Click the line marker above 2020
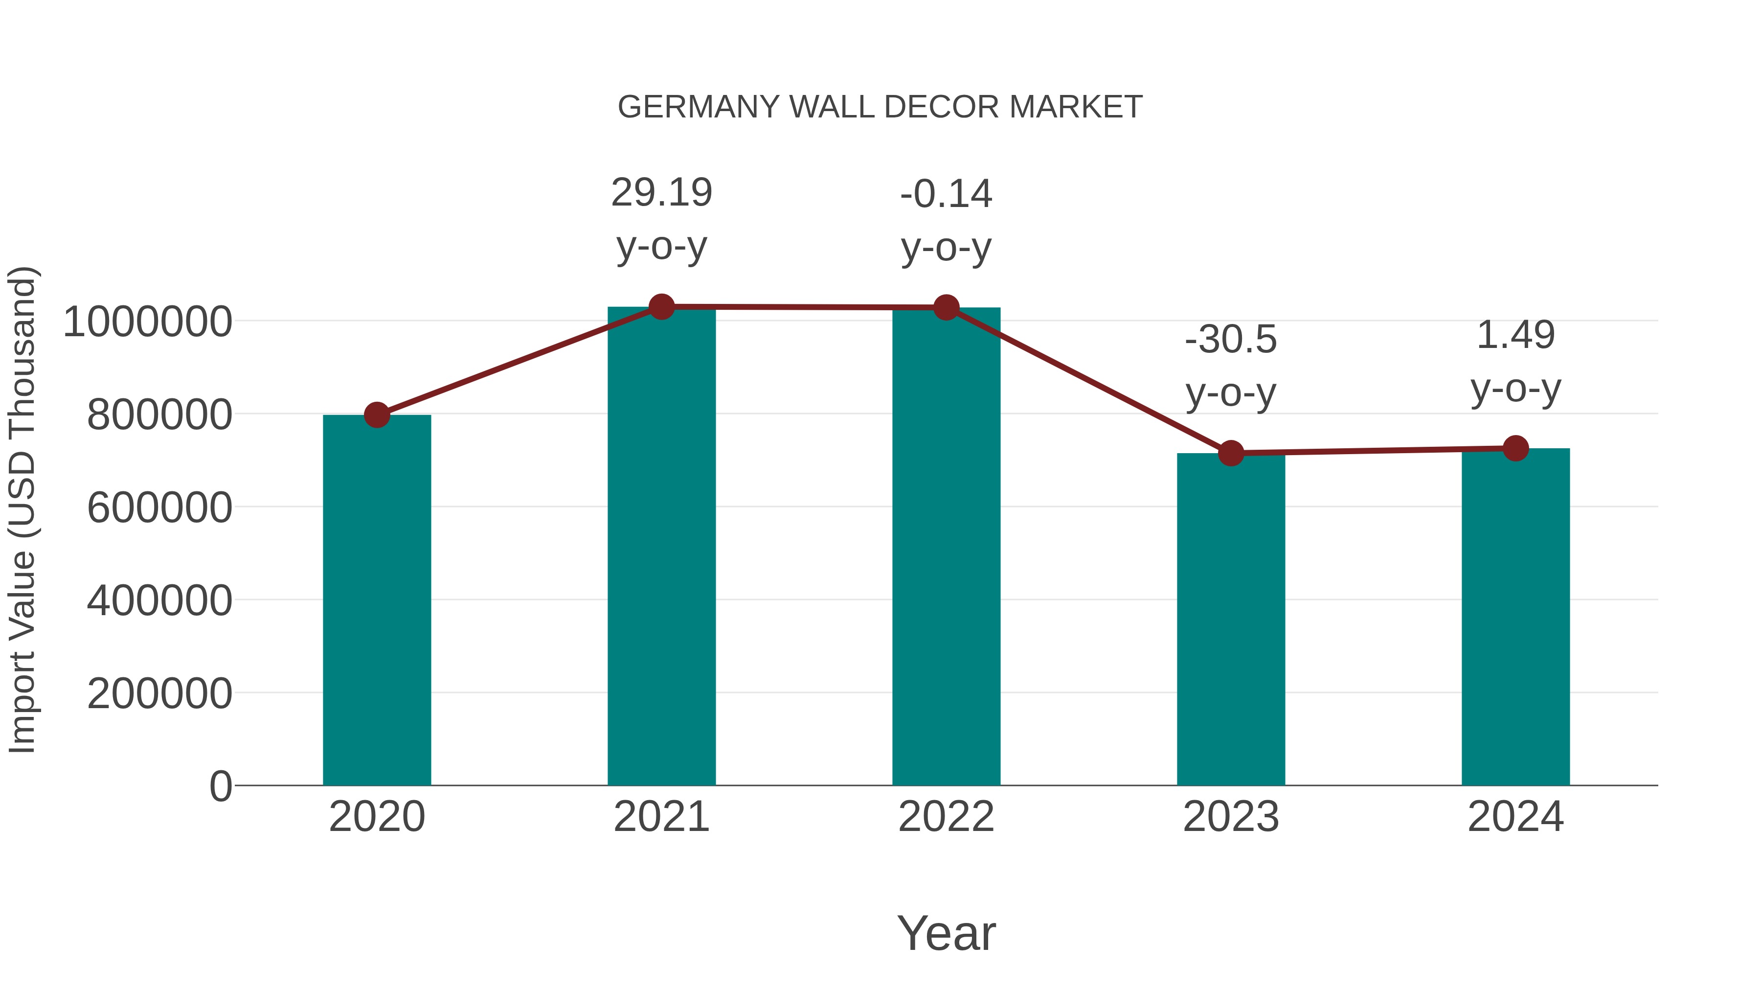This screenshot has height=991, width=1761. pyautogui.click(x=377, y=415)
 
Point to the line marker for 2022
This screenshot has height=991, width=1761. pyautogui.click(x=946, y=308)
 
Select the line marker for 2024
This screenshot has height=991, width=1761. pyautogui.click(x=1515, y=449)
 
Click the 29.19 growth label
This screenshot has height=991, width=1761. pyautogui.click(x=661, y=193)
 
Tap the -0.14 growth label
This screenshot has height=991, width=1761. pyautogui.click(x=946, y=194)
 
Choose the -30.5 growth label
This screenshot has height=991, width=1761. pyautogui.click(x=1231, y=340)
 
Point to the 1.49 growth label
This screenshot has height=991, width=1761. pyautogui.click(x=1515, y=336)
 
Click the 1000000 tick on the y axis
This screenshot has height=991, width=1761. pyautogui.click(x=147, y=322)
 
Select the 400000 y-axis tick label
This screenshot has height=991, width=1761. pyautogui.click(x=159, y=600)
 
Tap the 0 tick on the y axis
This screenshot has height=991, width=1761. pyautogui.click(x=220, y=786)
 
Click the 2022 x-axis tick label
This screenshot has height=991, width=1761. pyautogui.click(x=946, y=817)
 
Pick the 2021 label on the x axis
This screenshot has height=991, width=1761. pyautogui.click(x=661, y=817)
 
